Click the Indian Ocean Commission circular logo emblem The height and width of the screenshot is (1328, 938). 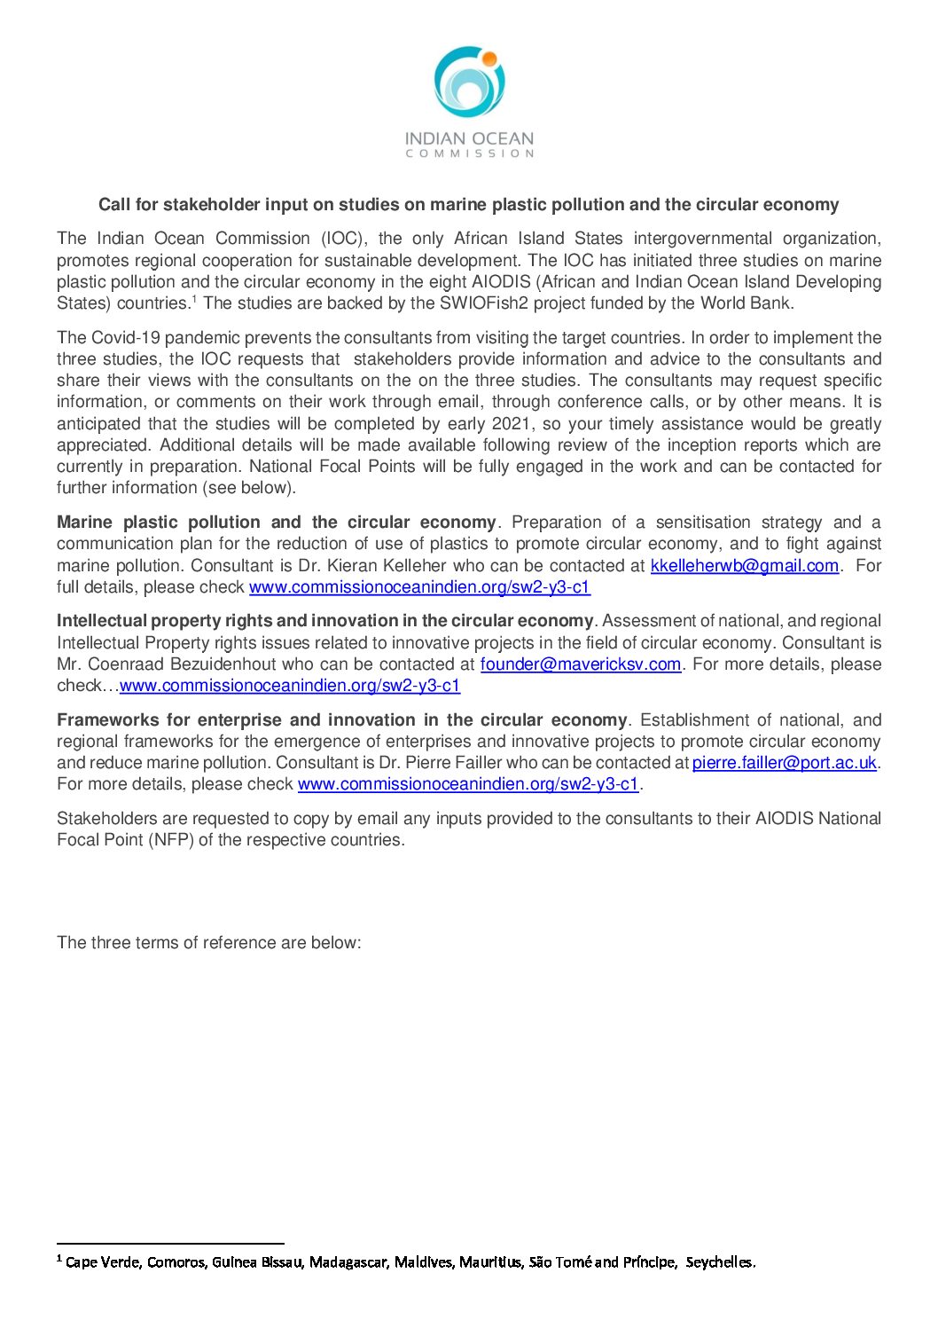469,83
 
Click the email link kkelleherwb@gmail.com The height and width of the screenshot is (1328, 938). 744,566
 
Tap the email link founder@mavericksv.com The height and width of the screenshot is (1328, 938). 581,664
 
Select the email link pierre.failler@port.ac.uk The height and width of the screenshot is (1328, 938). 784,763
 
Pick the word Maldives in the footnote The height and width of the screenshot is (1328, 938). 424,1262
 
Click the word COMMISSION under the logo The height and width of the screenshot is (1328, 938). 469,153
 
